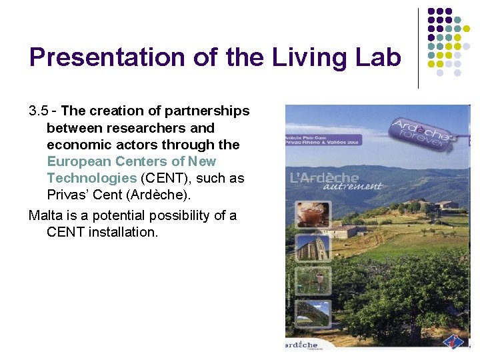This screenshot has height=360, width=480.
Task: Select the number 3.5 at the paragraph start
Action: (x=39, y=111)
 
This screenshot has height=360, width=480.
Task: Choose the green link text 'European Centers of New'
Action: (x=131, y=161)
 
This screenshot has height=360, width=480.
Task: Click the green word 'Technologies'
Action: (x=91, y=178)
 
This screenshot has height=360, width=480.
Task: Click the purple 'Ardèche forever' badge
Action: (x=421, y=131)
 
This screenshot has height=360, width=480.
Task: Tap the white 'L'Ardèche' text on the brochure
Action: (x=324, y=178)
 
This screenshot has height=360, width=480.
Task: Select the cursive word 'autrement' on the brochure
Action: (x=353, y=187)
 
